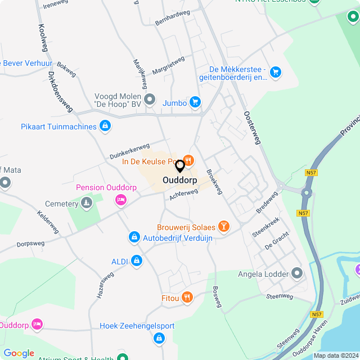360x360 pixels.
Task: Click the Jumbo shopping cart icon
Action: pyautogui.click(x=195, y=102)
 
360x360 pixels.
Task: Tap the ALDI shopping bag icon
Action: pyautogui.click(x=136, y=260)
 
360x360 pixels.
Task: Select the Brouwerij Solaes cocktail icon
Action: pyautogui.click(x=224, y=227)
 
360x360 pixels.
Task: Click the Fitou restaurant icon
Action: pyautogui.click(x=187, y=297)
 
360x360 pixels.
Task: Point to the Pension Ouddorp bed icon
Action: pyautogui.click(x=120, y=199)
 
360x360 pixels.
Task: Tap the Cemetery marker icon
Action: pyautogui.click(x=86, y=202)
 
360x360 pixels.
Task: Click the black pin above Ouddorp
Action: pyautogui.click(x=180, y=166)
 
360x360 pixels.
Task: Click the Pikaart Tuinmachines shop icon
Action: pyautogui.click(x=105, y=126)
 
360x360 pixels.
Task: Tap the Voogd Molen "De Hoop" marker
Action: pyautogui.click(x=150, y=100)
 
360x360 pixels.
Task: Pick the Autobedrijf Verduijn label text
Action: pyautogui.click(x=178, y=238)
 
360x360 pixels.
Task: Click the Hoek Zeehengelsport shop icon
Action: pyautogui.click(x=159, y=337)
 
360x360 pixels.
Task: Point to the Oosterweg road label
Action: pyautogui.click(x=253, y=128)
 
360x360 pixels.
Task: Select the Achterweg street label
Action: pyautogui.click(x=183, y=194)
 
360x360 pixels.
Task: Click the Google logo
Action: pyautogui.click(x=19, y=353)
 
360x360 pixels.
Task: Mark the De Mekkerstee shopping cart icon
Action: pyautogui.click(x=275, y=72)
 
